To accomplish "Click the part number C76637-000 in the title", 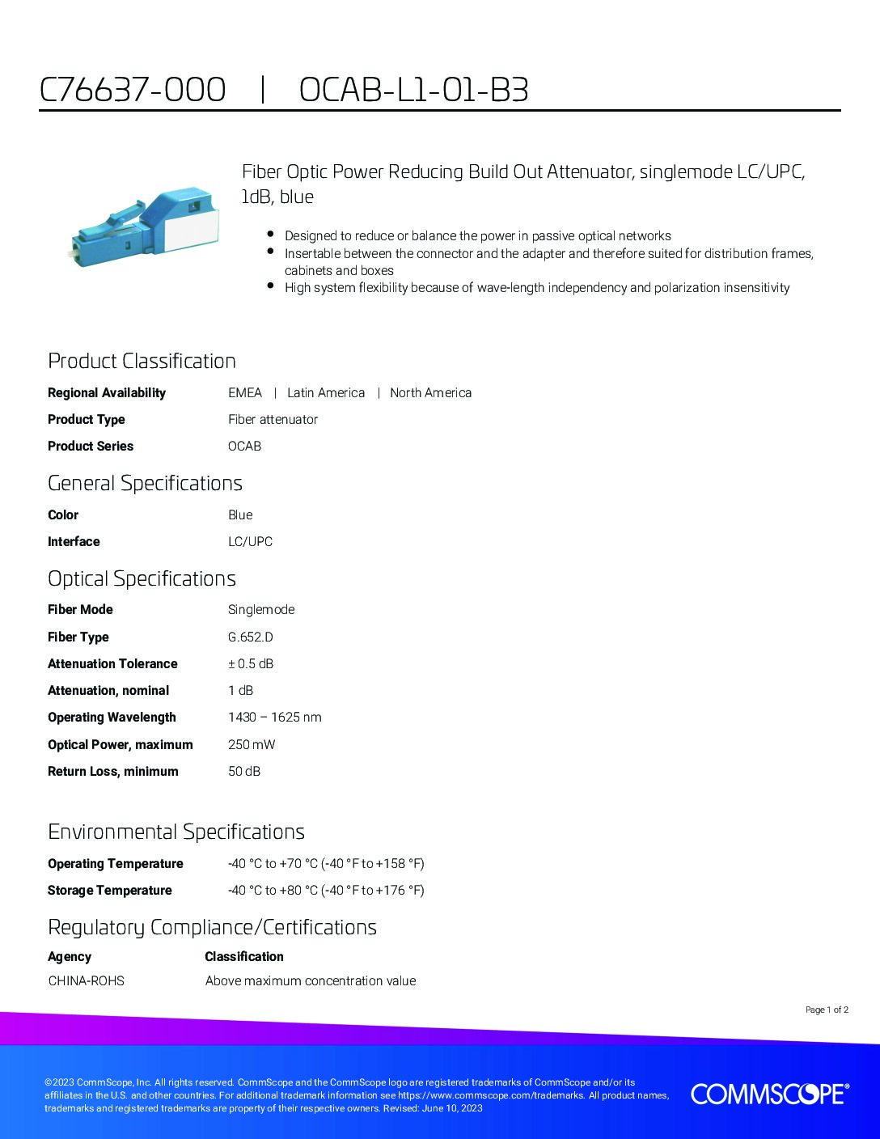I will point(133,90).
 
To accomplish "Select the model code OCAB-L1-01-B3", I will point(413,90).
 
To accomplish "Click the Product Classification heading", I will point(142,361).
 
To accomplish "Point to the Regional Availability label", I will point(107,393).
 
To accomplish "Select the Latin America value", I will point(326,393).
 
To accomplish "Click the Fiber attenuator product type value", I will point(273,420).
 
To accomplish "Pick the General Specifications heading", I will point(145,483).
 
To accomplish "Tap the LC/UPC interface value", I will point(250,542).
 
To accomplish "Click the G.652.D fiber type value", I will point(250,637).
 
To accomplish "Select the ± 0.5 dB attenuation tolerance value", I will point(251,664).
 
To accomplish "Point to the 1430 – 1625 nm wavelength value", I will point(274,718).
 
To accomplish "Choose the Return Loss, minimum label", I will point(113,772).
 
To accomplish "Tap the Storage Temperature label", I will point(110,891).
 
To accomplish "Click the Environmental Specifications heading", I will point(176,832).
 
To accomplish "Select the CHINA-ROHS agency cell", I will point(86,981).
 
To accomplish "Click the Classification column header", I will point(244,957).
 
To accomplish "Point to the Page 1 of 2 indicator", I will point(827,1010).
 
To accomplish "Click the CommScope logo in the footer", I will point(769,1094).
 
